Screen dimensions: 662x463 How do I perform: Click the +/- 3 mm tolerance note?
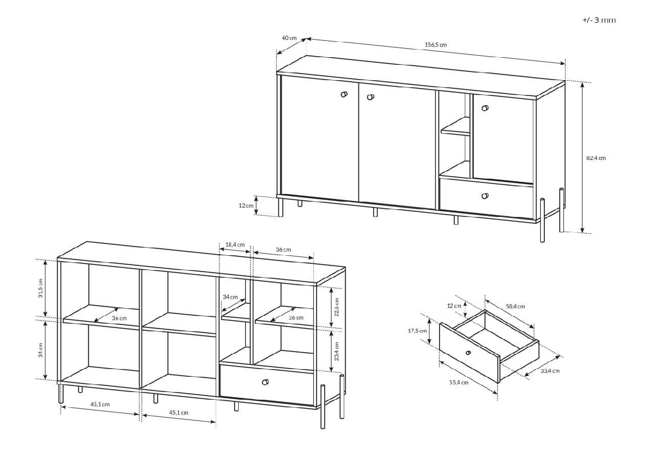[x=599, y=20]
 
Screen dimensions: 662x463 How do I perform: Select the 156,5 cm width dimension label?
[x=436, y=45]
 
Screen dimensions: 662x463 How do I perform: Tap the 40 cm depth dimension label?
[x=289, y=38]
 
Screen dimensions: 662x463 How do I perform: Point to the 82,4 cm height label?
[x=596, y=158]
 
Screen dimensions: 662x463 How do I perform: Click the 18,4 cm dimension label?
[x=235, y=245]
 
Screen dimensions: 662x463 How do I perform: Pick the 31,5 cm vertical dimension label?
[x=40, y=288]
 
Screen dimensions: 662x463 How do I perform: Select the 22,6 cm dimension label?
[x=336, y=307]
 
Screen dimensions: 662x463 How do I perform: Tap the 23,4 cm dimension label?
[x=336, y=351]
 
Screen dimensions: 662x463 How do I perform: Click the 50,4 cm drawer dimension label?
[x=515, y=306]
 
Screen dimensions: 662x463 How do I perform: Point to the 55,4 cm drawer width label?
[x=459, y=382]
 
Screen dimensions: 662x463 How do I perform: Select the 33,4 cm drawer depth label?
[x=550, y=371]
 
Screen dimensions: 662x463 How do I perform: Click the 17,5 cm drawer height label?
[x=417, y=331]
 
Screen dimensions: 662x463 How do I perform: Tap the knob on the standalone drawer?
[x=468, y=353]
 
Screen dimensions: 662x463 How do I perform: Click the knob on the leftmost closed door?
[x=344, y=94]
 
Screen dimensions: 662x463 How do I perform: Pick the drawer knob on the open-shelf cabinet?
[x=265, y=382]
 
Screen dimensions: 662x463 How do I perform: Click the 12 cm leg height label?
[x=246, y=205]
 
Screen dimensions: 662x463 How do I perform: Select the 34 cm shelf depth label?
[x=230, y=297]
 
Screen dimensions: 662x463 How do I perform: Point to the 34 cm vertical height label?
[x=40, y=350]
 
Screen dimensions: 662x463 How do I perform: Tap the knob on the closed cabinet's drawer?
[x=485, y=196]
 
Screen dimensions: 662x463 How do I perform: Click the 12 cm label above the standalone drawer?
[x=454, y=306]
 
